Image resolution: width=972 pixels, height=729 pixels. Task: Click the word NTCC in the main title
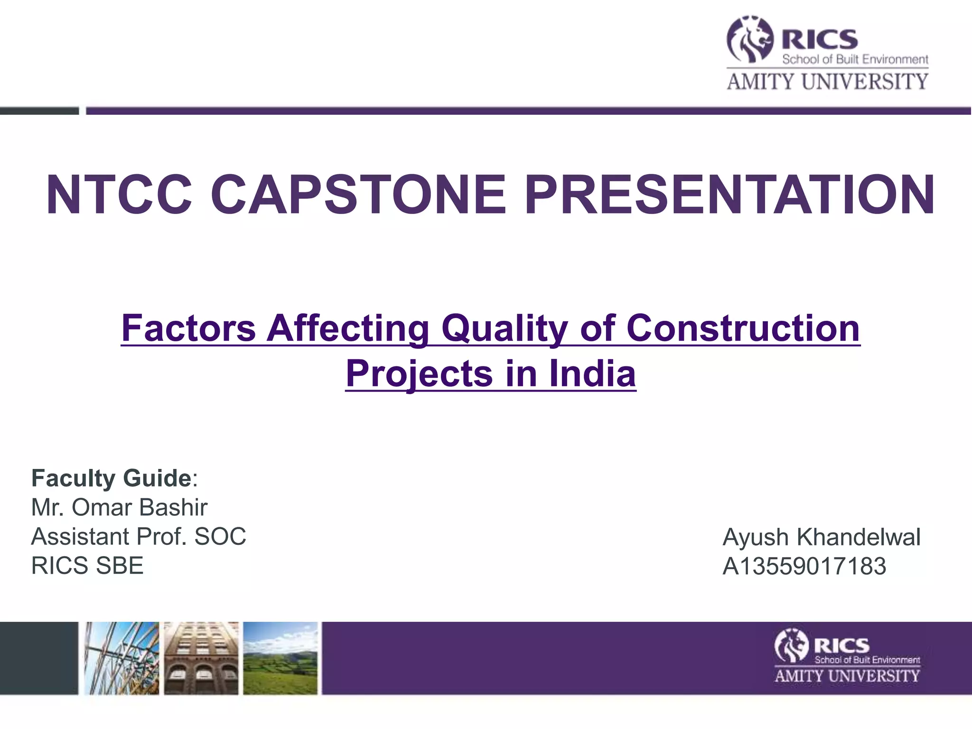click(119, 195)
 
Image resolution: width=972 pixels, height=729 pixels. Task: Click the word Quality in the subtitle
click(505, 328)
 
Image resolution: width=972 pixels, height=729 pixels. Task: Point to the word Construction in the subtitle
click(743, 328)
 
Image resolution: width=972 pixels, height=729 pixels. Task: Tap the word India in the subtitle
click(592, 374)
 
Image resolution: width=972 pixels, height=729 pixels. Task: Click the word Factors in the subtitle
click(188, 328)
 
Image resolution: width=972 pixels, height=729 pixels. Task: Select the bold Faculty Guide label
click(112, 478)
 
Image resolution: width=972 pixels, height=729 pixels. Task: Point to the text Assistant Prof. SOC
click(139, 537)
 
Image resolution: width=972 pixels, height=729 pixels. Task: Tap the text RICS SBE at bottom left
click(87, 566)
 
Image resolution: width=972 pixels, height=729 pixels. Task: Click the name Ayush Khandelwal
click(821, 537)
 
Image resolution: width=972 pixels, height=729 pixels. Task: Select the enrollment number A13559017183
click(804, 566)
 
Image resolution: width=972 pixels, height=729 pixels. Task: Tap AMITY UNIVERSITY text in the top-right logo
click(827, 82)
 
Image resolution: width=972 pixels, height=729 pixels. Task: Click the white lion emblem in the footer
click(791, 645)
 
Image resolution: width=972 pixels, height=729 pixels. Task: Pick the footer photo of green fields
click(280, 658)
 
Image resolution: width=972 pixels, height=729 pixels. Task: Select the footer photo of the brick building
click(201, 658)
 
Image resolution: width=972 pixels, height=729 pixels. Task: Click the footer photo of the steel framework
click(122, 658)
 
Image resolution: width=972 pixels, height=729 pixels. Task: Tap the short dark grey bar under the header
click(39, 111)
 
